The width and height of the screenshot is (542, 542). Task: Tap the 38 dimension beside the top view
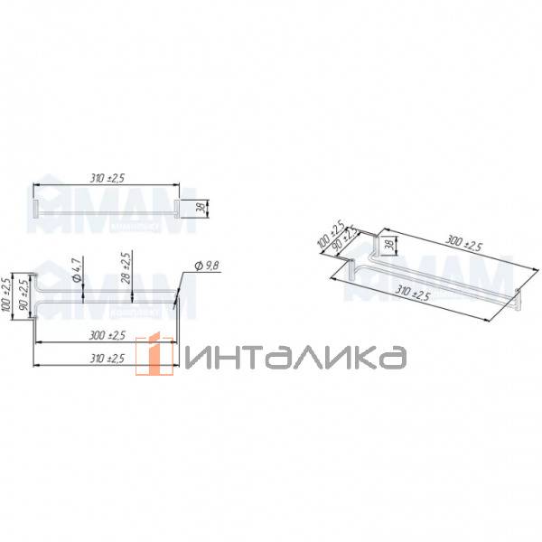(x=201, y=209)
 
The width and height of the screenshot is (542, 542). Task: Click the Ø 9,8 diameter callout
(x=208, y=266)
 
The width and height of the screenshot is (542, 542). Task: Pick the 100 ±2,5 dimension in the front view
(x=8, y=293)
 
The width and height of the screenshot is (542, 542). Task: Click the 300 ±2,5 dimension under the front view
(x=106, y=336)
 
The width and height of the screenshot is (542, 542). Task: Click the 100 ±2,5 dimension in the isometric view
(x=329, y=234)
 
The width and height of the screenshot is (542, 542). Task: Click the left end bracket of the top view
(x=35, y=210)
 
